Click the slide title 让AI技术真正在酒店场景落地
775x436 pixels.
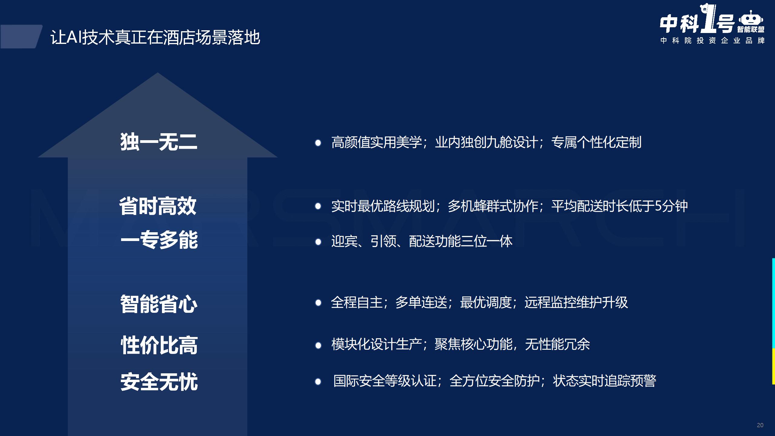[x=155, y=37]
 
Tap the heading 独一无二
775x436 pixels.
[x=159, y=142]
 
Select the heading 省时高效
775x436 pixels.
[x=158, y=206]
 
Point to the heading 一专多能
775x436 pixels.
[x=159, y=240]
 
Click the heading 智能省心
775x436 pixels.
[x=159, y=304]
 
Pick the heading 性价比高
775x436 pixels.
[x=159, y=345]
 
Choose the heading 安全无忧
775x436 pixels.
[x=159, y=382]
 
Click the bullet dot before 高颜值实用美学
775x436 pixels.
[x=318, y=143]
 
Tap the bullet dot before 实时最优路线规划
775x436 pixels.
[x=318, y=206]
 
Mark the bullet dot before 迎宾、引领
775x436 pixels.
[x=318, y=242]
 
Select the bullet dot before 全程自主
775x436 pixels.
[x=318, y=302]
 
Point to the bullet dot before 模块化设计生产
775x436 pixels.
[x=318, y=345]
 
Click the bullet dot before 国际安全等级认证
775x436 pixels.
[x=318, y=381]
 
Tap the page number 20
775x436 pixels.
[x=760, y=425]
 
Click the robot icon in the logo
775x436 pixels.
[x=751, y=19]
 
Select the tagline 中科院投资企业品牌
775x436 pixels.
[x=713, y=41]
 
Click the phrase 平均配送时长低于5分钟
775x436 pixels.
[x=619, y=206]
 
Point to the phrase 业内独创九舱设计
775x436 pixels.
[x=486, y=142]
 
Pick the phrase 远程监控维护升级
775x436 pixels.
[x=576, y=302]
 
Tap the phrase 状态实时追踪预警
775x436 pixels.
[x=604, y=381]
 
